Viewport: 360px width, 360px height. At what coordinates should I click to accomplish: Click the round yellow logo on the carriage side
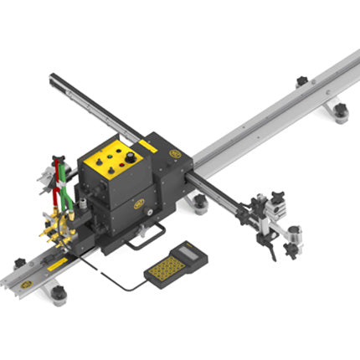(x=175, y=154)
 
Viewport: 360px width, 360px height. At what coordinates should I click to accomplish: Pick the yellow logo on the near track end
(x=27, y=284)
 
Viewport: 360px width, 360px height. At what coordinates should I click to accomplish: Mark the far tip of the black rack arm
(x=53, y=78)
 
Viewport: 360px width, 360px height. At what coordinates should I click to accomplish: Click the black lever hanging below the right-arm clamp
(x=270, y=244)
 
